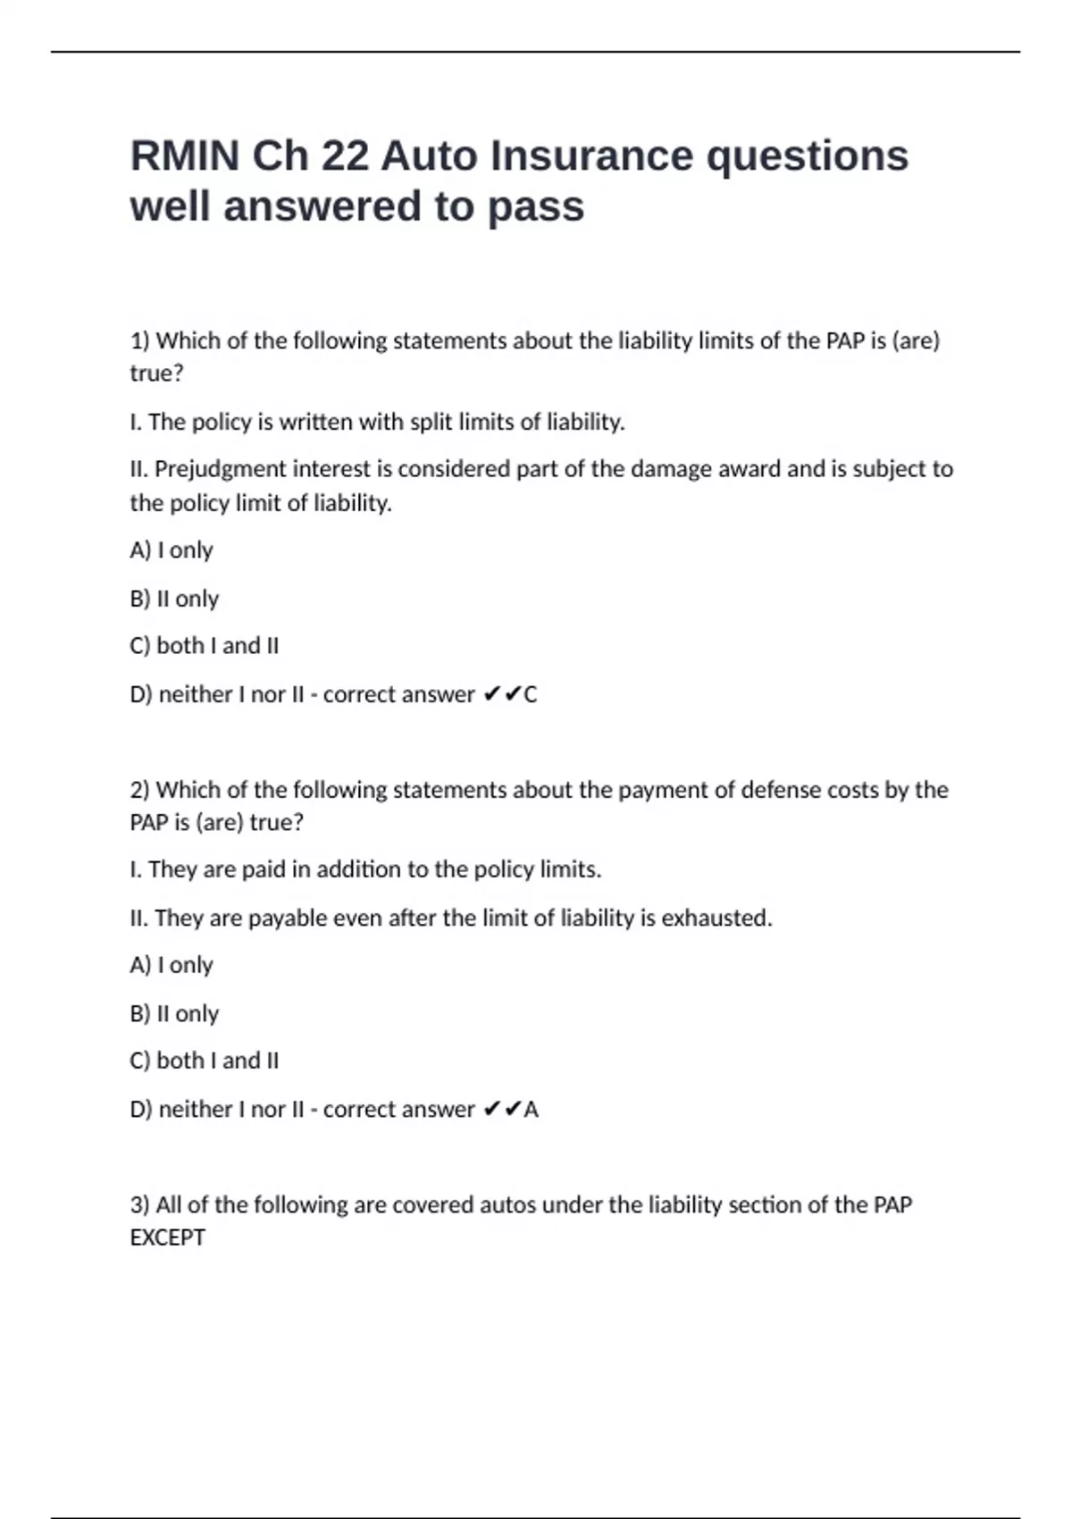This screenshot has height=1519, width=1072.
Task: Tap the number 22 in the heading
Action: click(345, 156)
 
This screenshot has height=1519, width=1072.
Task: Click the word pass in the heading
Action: click(535, 207)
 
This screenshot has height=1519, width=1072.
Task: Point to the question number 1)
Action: click(140, 340)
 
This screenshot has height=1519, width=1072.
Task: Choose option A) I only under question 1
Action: click(172, 550)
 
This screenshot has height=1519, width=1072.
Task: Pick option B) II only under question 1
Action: click(174, 599)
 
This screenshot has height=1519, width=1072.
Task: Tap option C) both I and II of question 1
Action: click(204, 646)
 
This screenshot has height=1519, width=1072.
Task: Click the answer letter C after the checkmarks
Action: click(531, 694)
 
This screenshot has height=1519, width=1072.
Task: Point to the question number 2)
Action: click(140, 790)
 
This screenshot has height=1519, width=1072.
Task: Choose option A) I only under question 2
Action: click(172, 965)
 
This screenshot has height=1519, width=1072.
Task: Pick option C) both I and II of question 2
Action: click(204, 1061)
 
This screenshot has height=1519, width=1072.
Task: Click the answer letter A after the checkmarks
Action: click(532, 1110)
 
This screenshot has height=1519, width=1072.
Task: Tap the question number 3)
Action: click(140, 1205)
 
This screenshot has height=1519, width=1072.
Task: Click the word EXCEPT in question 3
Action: click(167, 1238)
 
